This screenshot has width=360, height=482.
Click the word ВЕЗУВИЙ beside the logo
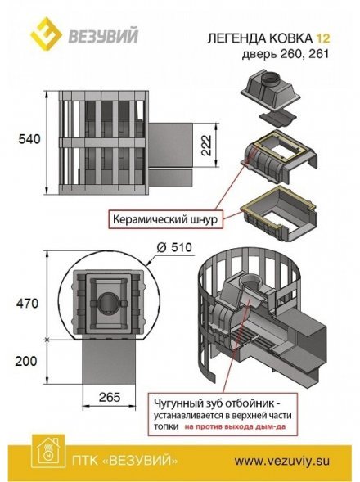click(103, 36)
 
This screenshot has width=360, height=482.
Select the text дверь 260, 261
click(286, 54)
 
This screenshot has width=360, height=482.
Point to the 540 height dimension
click(29, 139)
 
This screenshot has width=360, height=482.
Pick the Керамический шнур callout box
click(165, 219)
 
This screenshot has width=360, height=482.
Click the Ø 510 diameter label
click(173, 247)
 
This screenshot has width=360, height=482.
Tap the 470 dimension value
click(27, 304)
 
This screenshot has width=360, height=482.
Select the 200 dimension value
click(26, 361)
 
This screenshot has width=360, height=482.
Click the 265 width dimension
click(110, 397)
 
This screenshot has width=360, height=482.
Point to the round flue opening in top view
click(110, 303)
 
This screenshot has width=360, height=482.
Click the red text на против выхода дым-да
click(235, 426)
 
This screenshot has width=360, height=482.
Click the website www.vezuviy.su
click(282, 461)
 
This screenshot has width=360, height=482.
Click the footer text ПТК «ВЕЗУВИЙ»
click(125, 461)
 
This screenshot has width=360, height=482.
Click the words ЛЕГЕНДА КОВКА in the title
click(259, 38)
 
